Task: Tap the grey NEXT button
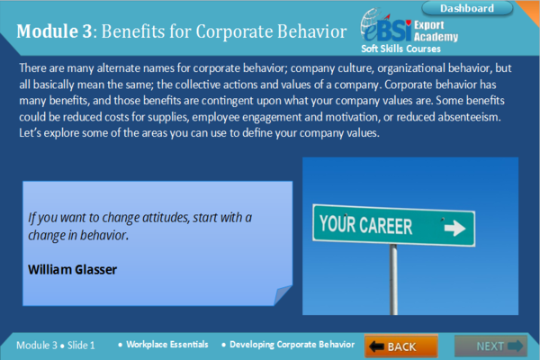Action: point(490,346)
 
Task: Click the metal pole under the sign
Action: point(393,279)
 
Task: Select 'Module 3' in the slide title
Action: point(53,31)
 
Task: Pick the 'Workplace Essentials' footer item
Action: point(167,345)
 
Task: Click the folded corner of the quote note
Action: point(282,294)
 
